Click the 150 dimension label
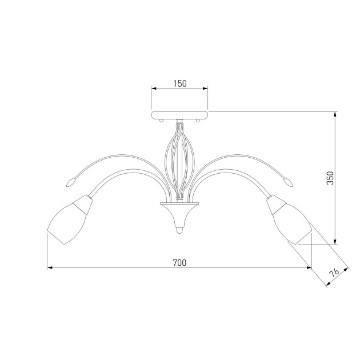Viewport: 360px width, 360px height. click(x=180, y=83)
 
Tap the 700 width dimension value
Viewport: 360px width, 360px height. click(x=179, y=263)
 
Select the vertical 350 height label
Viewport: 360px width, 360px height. click(x=330, y=178)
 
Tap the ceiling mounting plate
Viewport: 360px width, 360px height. click(x=179, y=115)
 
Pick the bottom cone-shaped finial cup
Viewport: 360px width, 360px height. click(x=179, y=214)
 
